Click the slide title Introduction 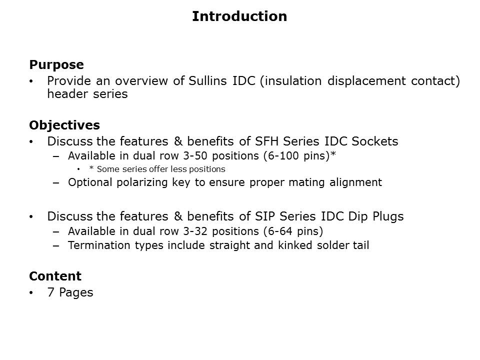pos(239,16)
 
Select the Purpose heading pos(56,64)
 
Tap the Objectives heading pos(64,125)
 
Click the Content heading pos(55,276)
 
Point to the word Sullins pos(207,81)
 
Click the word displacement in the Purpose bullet pos(366,81)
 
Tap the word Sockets pos(374,141)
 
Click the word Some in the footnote pos(106,169)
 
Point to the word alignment pos(355,182)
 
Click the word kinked pos(295,245)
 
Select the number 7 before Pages pos(51,292)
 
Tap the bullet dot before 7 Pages pos(31,292)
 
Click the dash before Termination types pos(55,245)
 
